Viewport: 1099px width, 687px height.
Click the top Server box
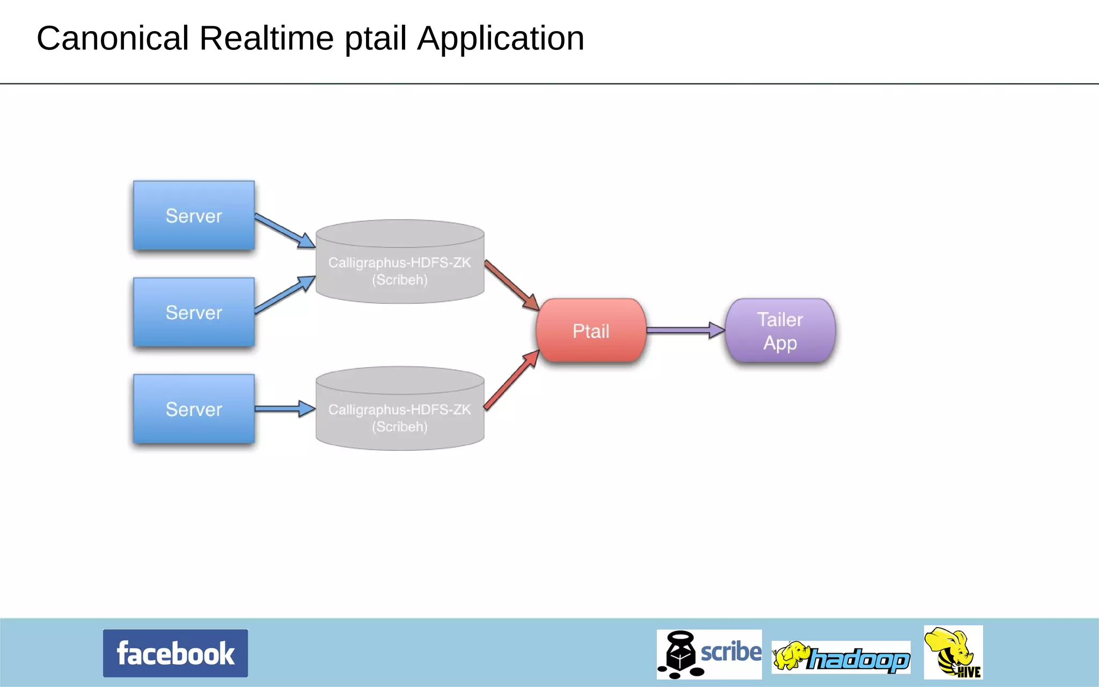[x=194, y=216]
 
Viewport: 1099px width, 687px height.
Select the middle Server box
[x=194, y=312]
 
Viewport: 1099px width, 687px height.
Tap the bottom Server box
[x=194, y=409]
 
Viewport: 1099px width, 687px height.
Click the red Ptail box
[x=591, y=331]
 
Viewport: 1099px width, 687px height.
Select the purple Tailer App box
[x=780, y=331]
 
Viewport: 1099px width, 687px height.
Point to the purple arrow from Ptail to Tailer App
[x=684, y=330]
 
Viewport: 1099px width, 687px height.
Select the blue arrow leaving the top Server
[x=283, y=230]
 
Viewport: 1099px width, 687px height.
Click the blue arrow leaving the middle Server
[x=283, y=295]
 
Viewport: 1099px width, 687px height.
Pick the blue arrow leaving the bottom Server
[x=283, y=409]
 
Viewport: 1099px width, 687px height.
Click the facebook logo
[x=175, y=653]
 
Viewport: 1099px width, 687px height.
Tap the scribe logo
[x=709, y=654]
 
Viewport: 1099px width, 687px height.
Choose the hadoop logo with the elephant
[x=841, y=657]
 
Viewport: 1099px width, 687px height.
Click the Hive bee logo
[x=953, y=652]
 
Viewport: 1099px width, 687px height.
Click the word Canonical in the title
[x=113, y=39]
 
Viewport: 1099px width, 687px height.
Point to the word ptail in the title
[x=375, y=39]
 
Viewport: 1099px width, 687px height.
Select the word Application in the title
[x=501, y=39]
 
